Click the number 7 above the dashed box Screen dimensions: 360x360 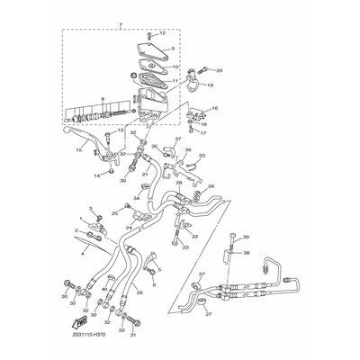coord(120,26)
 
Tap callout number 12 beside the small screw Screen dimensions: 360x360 coord(163,34)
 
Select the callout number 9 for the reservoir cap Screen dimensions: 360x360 coord(171,48)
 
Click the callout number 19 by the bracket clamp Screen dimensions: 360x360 coord(210,85)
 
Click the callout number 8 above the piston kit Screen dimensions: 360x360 coord(104,96)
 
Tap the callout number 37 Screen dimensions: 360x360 coord(177,139)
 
